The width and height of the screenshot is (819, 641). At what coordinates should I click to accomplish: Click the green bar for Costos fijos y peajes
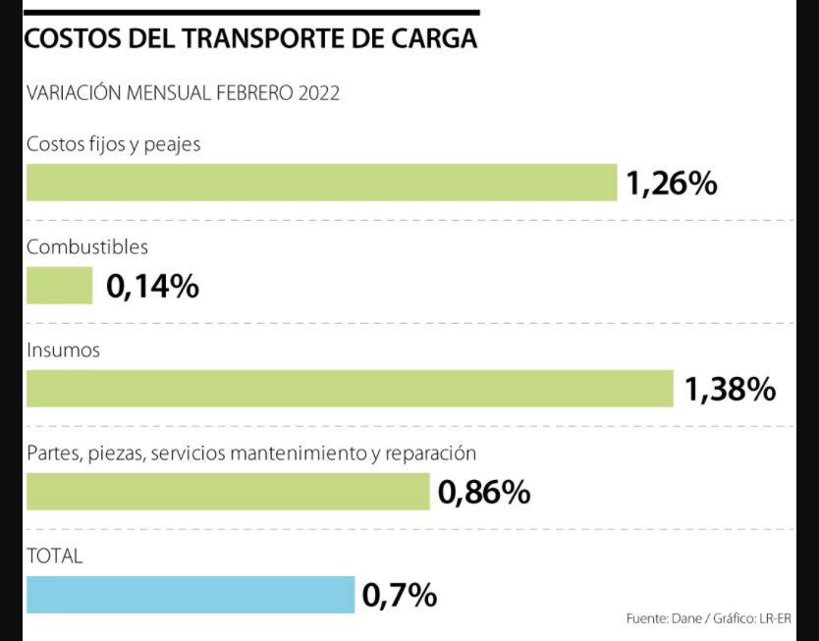tap(321, 183)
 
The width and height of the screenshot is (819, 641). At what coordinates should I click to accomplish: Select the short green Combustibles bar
tap(59, 286)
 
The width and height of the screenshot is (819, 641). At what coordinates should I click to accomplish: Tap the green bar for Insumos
tap(350, 389)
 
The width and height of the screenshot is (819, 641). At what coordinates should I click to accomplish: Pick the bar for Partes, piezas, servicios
tap(228, 491)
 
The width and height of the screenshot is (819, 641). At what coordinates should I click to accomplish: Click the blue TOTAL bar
tap(190, 594)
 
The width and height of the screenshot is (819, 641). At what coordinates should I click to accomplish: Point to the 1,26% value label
tap(672, 184)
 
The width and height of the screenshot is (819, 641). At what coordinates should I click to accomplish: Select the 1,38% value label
tap(730, 390)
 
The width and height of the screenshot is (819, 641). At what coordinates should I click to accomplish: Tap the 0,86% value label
tap(484, 492)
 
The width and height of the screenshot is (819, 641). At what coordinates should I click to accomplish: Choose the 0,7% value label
tap(400, 595)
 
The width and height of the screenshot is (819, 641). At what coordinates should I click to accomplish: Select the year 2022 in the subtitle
tap(315, 93)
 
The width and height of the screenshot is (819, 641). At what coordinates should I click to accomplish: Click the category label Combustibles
tap(87, 247)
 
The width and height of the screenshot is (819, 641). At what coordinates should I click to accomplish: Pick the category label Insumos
tap(63, 349)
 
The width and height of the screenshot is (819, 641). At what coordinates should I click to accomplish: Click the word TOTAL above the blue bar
tap(55, 556)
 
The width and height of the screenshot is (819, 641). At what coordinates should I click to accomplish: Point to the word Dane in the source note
tap(685, 619)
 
